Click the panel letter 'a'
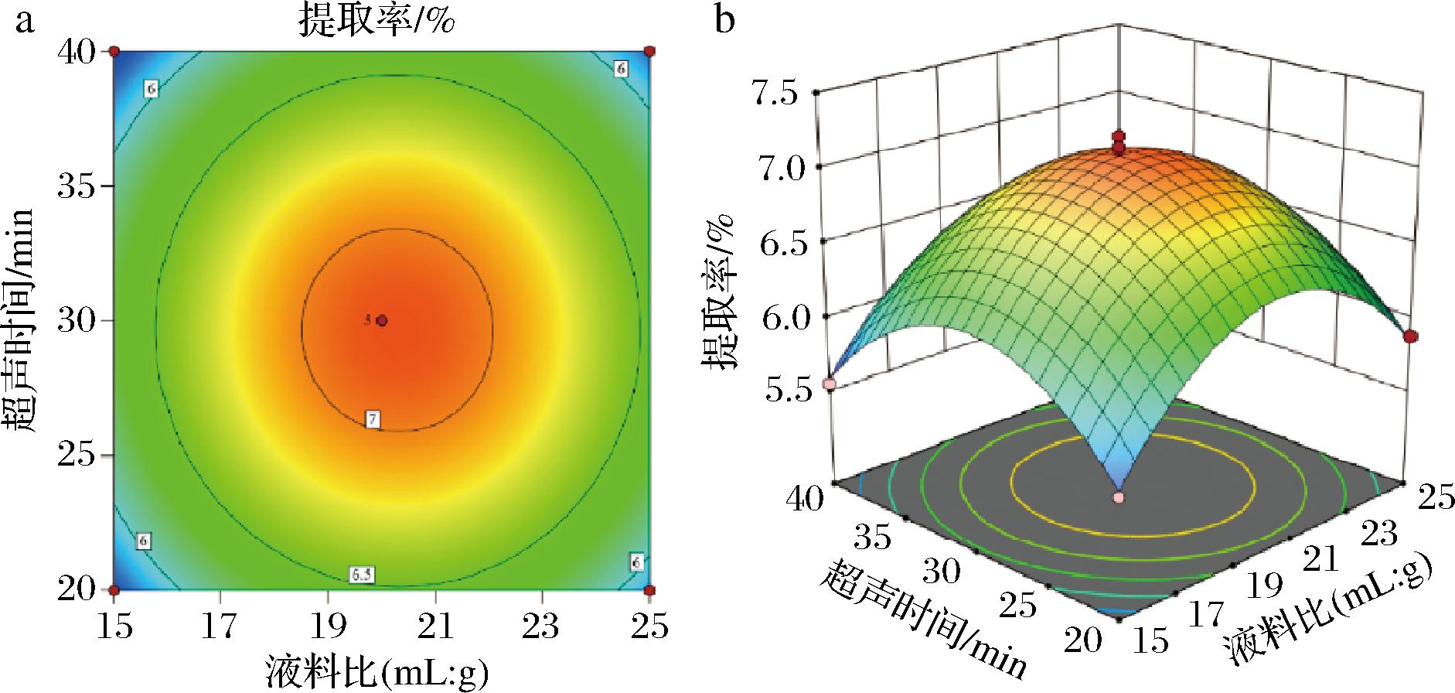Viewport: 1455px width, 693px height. point(26,21)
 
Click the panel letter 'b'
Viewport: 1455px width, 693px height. point(724,21)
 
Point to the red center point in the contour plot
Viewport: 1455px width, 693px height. point(382,320)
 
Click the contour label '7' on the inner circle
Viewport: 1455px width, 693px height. point(373,419)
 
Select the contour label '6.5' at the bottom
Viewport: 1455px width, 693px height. point(361,575)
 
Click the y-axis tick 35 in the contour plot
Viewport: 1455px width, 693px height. point(77,186)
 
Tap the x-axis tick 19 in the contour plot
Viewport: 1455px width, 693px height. point(329,626)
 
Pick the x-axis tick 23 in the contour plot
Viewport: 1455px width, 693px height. point(542,626)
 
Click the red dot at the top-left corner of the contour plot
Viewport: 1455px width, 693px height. point(114,51)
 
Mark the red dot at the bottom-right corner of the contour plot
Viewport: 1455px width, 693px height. point(650,589)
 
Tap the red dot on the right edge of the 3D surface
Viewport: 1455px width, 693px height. point(1411,336)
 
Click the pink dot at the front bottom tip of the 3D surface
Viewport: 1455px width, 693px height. point(1118,497)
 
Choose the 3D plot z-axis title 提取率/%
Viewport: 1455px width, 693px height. point(718,295)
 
